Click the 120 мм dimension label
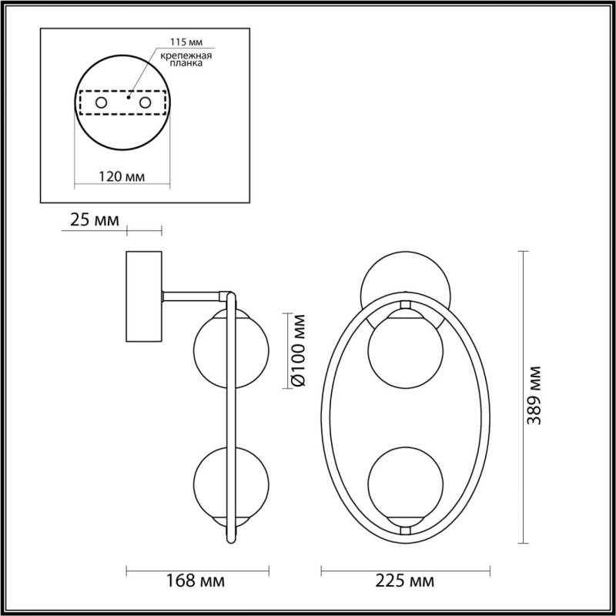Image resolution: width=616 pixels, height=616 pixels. click(x=123, y=176)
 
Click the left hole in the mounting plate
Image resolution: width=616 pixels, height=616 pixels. click(x=100, y=102)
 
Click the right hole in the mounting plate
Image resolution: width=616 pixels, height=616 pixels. click(x=144, y=102)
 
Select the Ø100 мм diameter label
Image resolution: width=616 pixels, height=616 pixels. click(x=301, y=351)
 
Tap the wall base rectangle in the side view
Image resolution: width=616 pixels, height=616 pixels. click(x=143, y=296)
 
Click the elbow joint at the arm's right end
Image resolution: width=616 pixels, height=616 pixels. click(x=228, y=295)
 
